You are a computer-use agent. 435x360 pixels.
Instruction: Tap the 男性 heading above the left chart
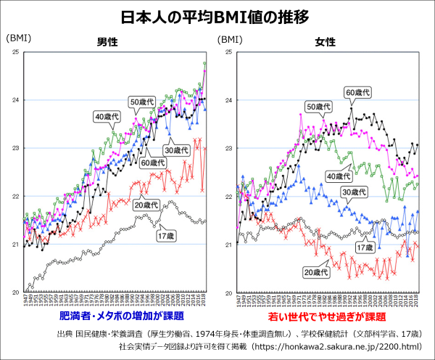tap(109, 42)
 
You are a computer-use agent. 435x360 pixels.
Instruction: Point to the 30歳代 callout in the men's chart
tap(175, 150)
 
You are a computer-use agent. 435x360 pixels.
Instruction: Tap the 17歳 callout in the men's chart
tap(165, 237)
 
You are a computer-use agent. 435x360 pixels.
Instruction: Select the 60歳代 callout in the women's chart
tap(357, 92)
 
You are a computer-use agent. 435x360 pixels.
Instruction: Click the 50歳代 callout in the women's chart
tap(319, 107)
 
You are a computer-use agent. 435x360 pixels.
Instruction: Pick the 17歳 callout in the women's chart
tap(363, 247)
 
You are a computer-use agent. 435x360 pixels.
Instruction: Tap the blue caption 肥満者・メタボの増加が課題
tap(117, 318)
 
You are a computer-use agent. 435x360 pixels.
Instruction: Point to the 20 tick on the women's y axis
tap(229, 292)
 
